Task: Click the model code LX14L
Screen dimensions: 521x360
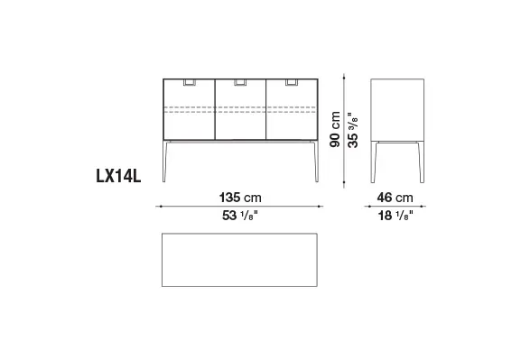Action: (x=118, y=176)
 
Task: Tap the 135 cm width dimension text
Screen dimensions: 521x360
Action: (x=240, y=198)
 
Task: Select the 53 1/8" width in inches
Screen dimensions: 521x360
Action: (x=240, y=216)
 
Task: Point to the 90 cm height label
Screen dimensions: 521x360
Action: (x=335, y=129)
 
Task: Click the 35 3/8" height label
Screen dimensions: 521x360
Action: (x=353, y=130)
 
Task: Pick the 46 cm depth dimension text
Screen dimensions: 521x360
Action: (x=395, y=198)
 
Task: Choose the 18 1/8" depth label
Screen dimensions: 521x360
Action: (x=395, y=216)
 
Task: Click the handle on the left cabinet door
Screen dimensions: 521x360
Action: (x=190, y=82)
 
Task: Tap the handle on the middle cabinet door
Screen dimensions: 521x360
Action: (x=240, y=82)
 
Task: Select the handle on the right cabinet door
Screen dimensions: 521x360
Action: (x=292, y=82)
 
